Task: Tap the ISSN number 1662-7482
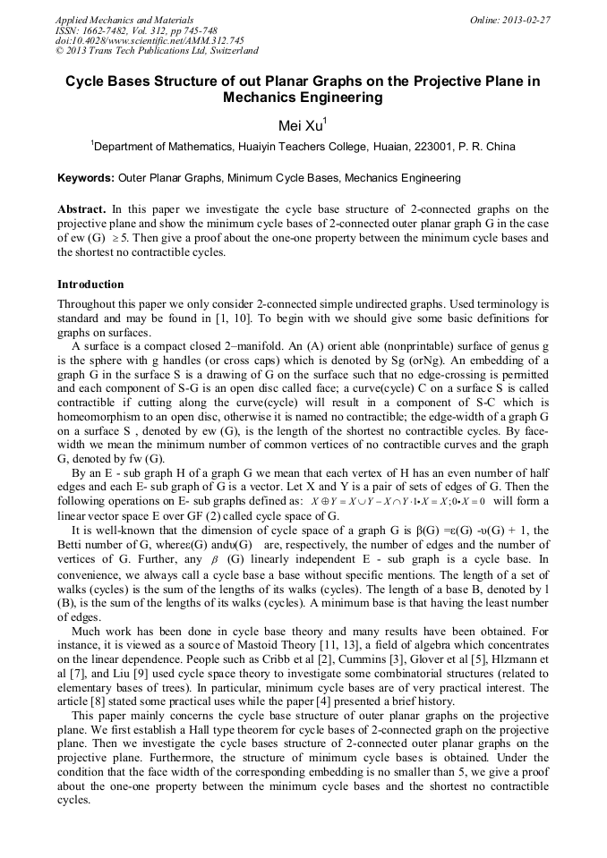[x=100, y=30]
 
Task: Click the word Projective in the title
[x=427, y=81]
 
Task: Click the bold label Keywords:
[x=90, y=178]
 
